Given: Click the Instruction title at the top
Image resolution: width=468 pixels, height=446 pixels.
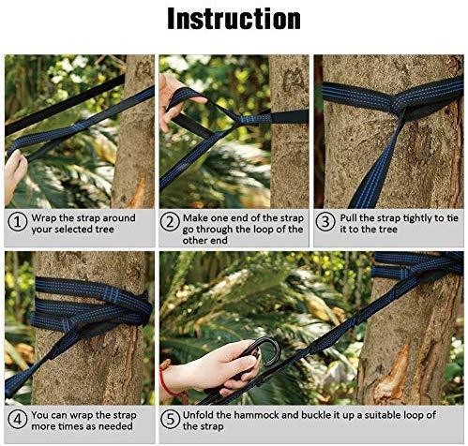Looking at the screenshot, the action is [234, 19].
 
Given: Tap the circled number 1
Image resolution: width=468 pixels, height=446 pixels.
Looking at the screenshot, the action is [17, 223].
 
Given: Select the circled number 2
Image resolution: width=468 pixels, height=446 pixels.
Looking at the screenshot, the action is [170, 222].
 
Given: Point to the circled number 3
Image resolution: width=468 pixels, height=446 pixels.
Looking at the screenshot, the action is [325, 222].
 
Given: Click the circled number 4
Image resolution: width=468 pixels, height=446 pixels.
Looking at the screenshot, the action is [17, 420].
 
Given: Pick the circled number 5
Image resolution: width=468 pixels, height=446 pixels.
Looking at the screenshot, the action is [170, 420].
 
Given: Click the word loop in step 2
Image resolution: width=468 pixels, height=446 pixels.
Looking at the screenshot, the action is [264, 230].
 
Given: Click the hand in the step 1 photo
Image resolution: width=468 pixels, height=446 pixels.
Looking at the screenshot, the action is [14, 175].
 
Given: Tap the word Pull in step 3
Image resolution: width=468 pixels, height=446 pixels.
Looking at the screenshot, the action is [349, 218].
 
